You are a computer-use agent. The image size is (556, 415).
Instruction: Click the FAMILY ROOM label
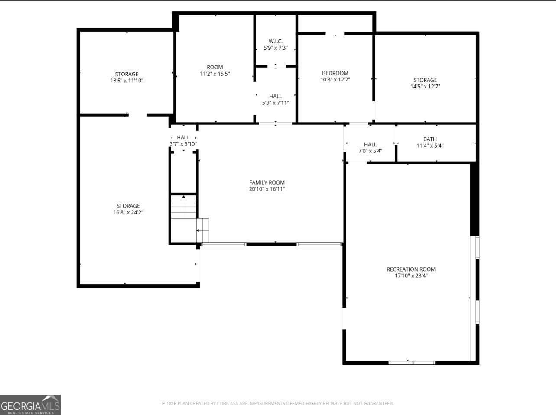(267, 182)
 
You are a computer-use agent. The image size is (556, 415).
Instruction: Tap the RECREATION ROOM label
(411, 269)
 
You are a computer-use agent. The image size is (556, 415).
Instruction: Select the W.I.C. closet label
(275, 41)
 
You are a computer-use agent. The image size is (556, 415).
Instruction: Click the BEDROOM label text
(335, 73)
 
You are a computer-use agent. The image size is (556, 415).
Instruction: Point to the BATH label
(430, 139)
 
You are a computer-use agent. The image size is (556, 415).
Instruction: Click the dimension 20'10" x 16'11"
(267, 189)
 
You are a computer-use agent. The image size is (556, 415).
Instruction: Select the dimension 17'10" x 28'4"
(411, 276)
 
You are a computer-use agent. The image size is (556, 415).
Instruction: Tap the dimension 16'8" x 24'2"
(128, 212)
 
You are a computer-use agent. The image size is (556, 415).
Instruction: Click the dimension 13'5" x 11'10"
(127, 81)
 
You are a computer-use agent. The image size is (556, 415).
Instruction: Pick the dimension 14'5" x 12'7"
(425, 86)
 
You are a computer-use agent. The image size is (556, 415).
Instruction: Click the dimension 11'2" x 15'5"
(215, 74)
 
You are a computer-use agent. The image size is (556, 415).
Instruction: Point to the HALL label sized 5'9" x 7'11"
(275, 96)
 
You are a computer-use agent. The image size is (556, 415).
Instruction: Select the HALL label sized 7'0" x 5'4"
(370, 144)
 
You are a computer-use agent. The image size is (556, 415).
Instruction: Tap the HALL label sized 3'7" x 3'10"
(183, 137)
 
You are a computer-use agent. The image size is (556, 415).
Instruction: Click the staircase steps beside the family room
(184, 208)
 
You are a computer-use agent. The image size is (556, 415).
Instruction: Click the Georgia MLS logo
(30, 405)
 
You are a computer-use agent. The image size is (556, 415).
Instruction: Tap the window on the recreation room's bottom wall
(412, 362)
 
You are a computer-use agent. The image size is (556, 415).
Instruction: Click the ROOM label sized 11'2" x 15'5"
(215, 67)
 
